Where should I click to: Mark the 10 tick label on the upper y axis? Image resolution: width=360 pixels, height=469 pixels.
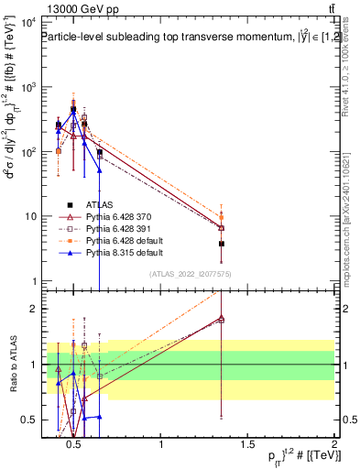pyautogui.click(x=31, y=217)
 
